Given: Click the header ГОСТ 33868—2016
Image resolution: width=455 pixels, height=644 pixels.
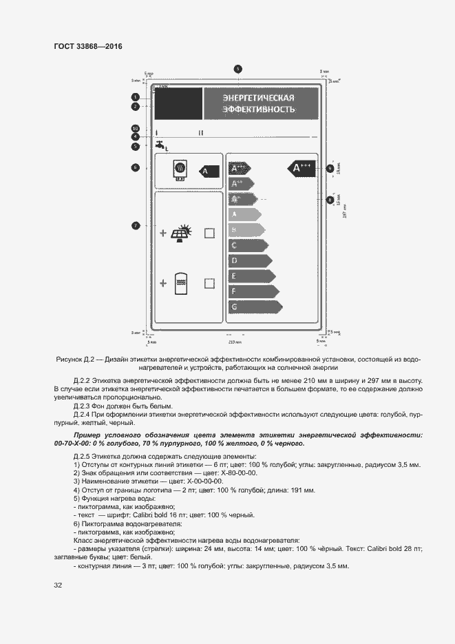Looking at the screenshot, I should [x=87, y=46].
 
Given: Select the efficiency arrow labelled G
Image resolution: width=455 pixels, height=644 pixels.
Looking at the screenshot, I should [x=254, y=307].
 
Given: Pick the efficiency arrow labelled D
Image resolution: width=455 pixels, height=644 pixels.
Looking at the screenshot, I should [x=250, y=260].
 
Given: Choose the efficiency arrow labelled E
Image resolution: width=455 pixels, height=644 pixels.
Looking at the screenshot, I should [x=251, y=276].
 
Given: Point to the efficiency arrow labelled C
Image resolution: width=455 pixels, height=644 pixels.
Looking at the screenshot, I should [x=247, y=245].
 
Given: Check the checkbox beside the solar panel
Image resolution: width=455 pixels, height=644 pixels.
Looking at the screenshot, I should [x=209, y=233].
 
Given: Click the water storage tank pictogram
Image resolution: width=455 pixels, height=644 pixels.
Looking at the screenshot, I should [x=182, y=282].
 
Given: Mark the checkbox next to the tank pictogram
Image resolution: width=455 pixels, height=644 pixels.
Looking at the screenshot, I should [x=209, y=282].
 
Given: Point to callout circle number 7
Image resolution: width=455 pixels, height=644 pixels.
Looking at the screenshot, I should [x=136, y=225].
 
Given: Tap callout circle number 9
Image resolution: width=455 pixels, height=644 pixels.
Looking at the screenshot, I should [x=330, y=168].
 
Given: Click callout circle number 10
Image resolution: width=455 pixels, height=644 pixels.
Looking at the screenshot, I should [x=136, y=128].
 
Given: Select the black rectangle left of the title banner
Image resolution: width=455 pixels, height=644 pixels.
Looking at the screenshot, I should [x=178, y=103].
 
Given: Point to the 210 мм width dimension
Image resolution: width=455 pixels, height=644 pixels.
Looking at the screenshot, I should [x=235, y=341].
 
